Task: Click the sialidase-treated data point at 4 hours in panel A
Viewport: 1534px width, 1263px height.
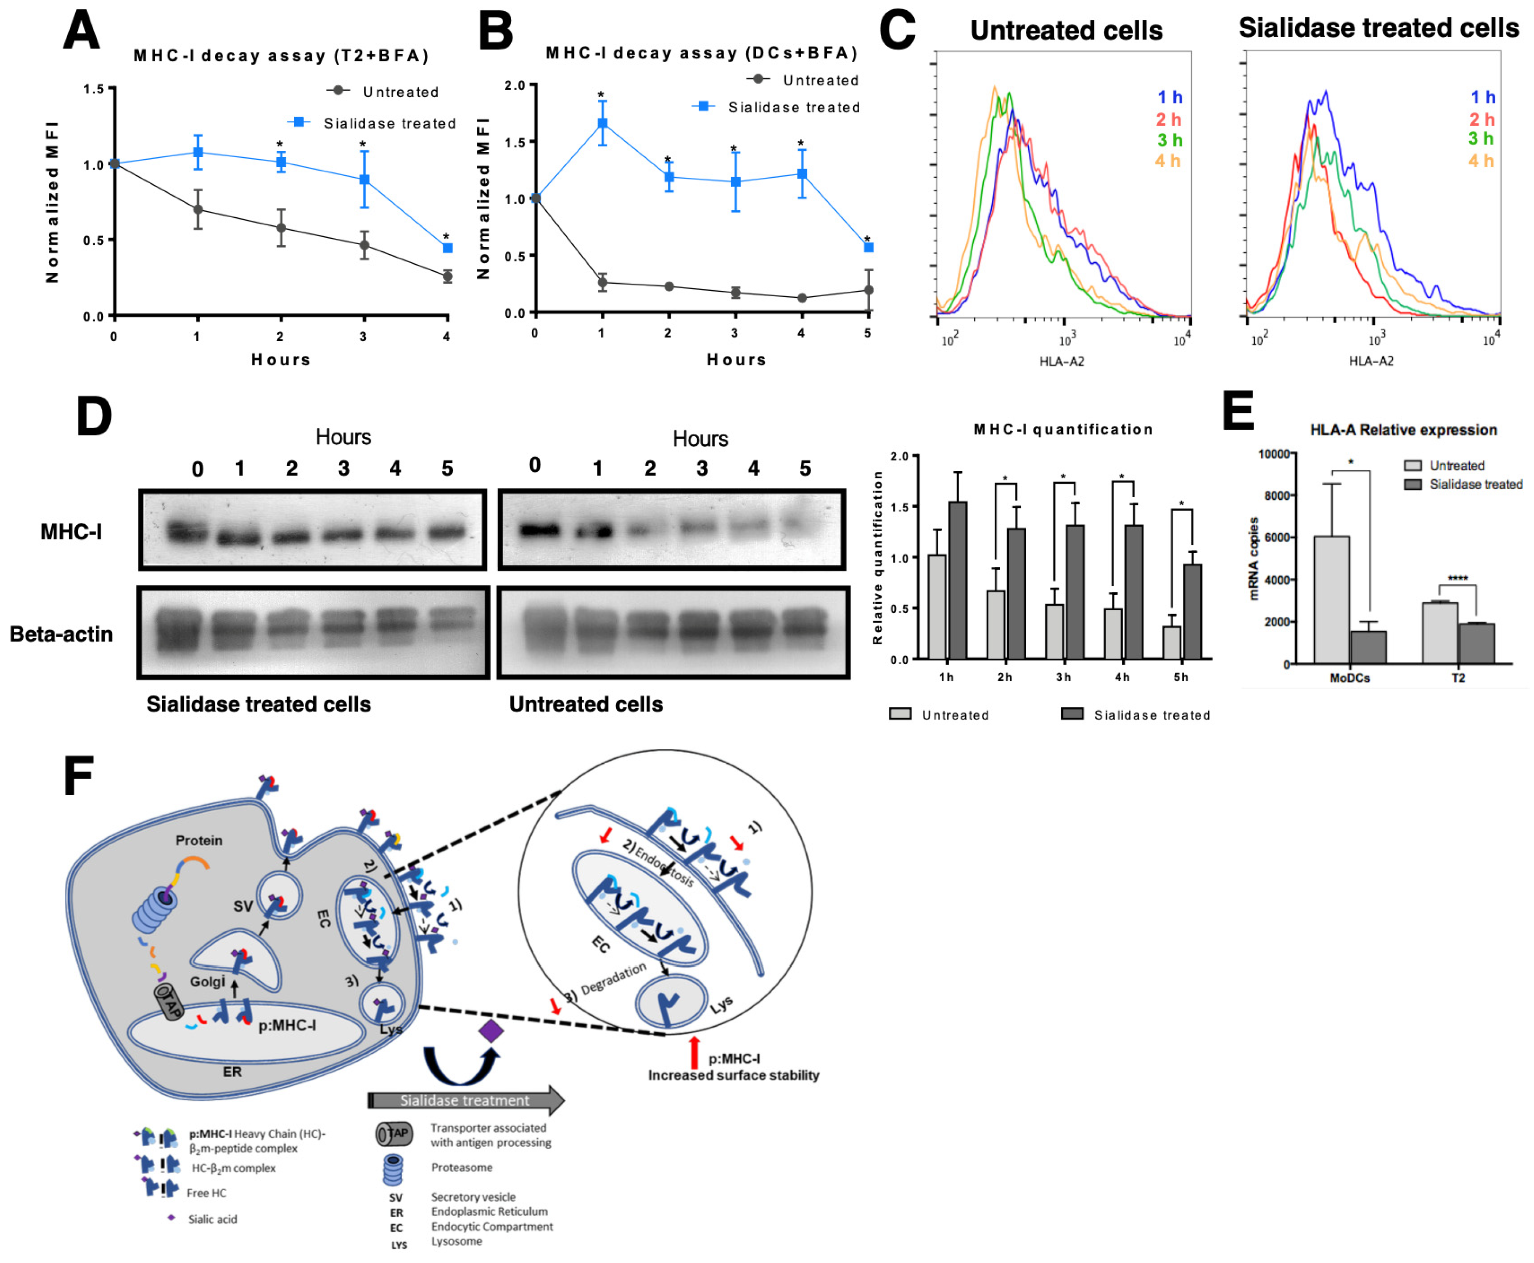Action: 448,248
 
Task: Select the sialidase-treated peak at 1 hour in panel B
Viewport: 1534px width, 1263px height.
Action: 602,123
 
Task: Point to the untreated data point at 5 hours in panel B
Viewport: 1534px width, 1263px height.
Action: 868,290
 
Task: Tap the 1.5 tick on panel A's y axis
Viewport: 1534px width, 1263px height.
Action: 93,89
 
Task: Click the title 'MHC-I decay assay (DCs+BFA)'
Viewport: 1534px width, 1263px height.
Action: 702,53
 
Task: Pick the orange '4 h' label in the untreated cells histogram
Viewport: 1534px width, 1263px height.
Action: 1167,161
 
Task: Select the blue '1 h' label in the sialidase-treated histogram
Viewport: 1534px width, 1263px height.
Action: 1482,97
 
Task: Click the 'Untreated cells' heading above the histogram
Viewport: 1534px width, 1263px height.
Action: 1066,31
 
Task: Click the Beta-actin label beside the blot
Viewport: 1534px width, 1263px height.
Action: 61,634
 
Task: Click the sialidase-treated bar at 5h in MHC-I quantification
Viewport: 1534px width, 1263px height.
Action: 1192,611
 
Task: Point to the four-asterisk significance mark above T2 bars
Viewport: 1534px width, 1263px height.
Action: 1457,578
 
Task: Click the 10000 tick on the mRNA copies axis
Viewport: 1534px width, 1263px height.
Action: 1273,454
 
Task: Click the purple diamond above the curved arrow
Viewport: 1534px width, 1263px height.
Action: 491,1030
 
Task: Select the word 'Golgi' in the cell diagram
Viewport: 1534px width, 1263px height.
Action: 207,981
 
